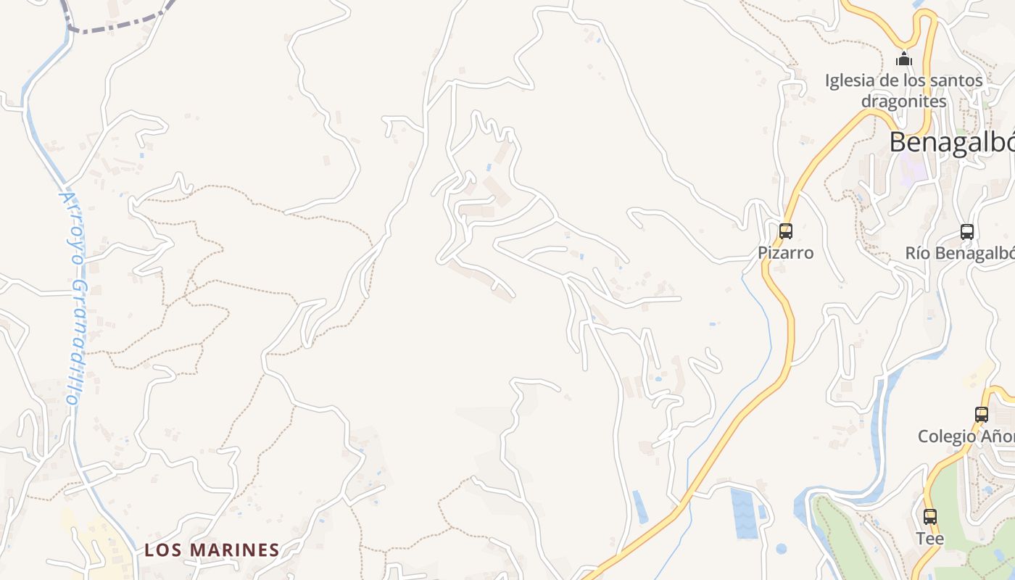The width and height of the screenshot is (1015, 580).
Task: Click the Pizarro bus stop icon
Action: click(786, 231)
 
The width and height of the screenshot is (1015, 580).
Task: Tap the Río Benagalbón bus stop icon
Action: click(967, 231)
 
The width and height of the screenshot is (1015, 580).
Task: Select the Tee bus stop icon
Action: click(930, 517)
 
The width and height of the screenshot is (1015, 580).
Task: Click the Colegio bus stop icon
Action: click(982, 415)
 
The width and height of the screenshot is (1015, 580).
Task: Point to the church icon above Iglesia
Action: click(904, 59)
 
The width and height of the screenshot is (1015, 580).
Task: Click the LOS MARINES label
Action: click(212, 550)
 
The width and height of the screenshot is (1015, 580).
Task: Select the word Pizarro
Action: click(786, 253)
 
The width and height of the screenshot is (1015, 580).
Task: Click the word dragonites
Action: click(904, 101)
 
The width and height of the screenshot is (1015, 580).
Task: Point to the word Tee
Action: click(929, 539)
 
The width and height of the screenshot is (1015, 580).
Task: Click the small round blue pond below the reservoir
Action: click(781, 549)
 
